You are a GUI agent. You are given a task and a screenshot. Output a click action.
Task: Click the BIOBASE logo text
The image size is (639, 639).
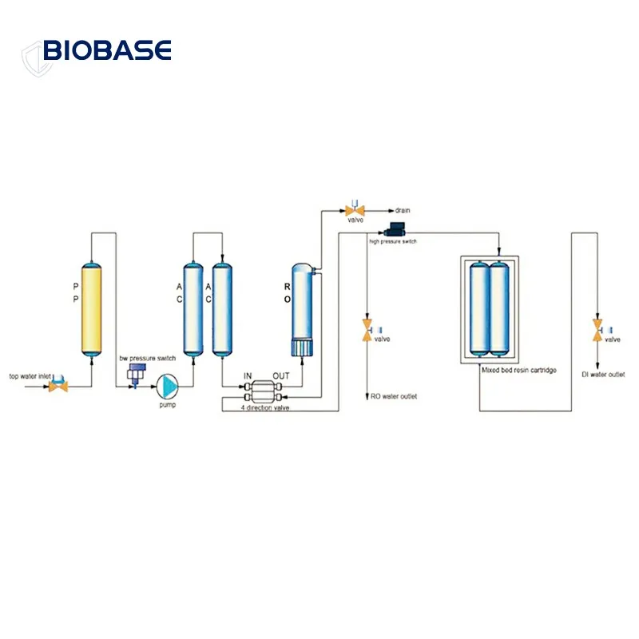click(107, 51)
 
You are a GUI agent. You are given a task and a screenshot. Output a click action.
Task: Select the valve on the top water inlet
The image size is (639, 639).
click(58, 386)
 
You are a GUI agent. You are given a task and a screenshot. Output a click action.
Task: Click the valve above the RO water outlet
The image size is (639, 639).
click(367, 331)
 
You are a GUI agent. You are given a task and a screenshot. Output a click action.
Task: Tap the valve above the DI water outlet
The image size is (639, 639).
click(597, 331)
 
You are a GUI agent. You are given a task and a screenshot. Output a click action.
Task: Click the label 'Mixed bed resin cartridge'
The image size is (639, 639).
click(518, 371)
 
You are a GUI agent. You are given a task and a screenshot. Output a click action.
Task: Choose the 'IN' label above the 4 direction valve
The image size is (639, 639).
click(248, 375)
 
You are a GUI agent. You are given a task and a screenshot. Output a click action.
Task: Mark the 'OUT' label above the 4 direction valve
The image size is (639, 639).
click(281, 375)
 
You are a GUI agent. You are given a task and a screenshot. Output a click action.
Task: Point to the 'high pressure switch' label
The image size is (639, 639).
click(392, 240)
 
